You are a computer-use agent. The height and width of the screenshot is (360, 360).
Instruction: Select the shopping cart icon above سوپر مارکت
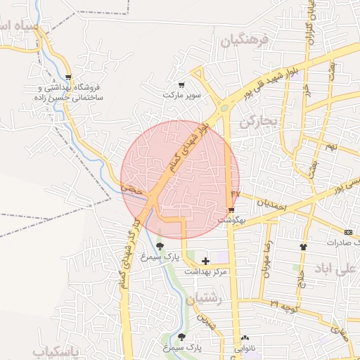(x=182, y=84)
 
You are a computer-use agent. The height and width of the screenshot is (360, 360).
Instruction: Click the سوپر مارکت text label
(x=182, y=94)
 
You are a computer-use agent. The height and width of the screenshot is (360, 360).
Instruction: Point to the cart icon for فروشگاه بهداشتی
(x=68, y=77)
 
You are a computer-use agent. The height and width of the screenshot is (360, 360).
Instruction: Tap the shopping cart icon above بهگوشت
(x=231, y=210)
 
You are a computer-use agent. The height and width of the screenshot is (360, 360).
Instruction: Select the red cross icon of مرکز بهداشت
(x=205, y=261)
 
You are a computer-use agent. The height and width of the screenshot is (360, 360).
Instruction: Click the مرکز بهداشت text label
(x=206, y=271)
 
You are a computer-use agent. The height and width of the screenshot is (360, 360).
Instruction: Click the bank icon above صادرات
(x=349, y=231)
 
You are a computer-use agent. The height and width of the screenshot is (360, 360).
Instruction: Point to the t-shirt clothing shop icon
(x=303, y=247)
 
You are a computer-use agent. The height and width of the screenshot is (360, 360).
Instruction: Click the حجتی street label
(x=133, y=190)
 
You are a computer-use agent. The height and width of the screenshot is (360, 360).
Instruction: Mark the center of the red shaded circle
(x=180, y=179)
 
